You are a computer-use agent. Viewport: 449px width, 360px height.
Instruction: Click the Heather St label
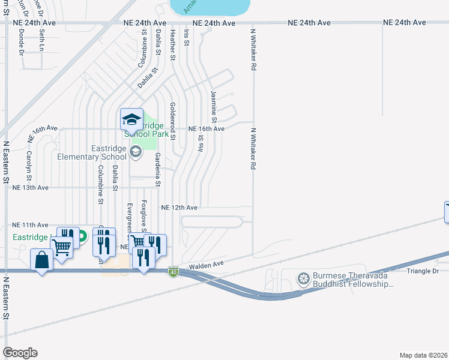click(x=172, y=45)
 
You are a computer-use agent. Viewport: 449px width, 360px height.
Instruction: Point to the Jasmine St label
click(x=214, y=103)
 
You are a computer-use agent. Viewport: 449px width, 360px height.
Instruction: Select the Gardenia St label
click(x=157, y=170)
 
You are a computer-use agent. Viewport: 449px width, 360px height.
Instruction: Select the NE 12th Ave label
click(x=179, y=208)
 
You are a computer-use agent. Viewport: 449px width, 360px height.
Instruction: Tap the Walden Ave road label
click(x=206, y=264)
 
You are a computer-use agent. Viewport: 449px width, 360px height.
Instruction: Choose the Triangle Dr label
click(x=423, y=271)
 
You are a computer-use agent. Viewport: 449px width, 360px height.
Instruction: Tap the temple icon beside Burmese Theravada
click(x=304, y=278)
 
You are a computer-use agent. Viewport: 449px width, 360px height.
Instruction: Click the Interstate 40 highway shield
click(x=173, y=272)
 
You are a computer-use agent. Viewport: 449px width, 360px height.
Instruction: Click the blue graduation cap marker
click(x=131, y=119)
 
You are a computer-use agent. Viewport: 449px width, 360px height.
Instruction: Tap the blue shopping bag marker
click(x=41, y=260)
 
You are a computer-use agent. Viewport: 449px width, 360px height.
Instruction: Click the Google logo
click(x=20, y=352)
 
